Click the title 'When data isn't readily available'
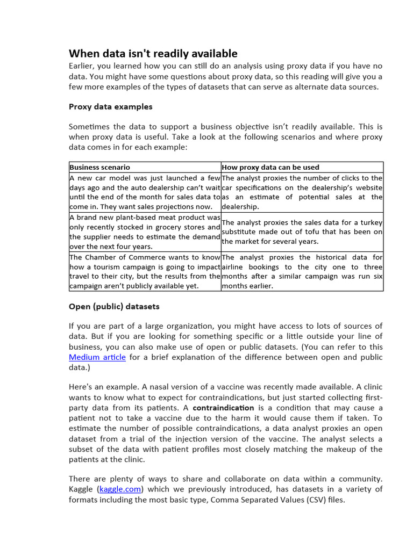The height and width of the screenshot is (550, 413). click(153, 53)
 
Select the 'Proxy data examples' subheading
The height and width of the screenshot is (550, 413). click(110, 106)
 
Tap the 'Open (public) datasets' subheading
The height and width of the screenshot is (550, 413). click(114, 306)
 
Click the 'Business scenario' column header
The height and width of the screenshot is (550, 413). click(99, 167)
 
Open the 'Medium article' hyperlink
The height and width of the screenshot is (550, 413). click(97, 357)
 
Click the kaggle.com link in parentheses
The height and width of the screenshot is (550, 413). click(120, 489)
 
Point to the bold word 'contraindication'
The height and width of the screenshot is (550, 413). click(216, 408)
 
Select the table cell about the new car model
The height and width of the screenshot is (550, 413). click(145, 192)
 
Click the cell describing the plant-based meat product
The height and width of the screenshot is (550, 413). click(145, 231)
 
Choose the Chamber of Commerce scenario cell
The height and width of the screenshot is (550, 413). click(145, 271)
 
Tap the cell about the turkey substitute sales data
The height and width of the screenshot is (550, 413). click(302, 231)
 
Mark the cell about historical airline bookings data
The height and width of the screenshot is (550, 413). click(302, 271)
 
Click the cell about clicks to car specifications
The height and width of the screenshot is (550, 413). click(302, 192)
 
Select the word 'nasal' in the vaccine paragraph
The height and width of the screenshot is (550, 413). click(148, 387)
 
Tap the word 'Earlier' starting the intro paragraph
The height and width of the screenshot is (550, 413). click(83, 66)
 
